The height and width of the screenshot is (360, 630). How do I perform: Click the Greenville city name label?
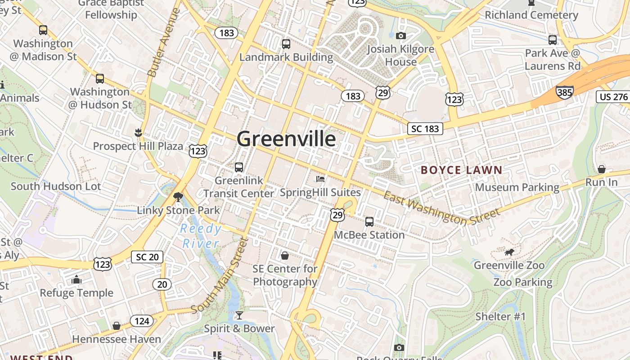[286, 139]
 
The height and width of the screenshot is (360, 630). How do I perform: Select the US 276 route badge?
[613, 97]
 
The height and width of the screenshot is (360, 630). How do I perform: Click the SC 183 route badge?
[425, 129]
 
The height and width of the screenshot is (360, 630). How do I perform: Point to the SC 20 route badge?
[147, 257]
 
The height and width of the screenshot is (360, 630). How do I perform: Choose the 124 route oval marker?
[142, 321]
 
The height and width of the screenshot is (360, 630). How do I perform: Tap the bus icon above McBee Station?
[369, 221]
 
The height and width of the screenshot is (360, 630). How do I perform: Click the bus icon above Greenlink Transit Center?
[239, 167]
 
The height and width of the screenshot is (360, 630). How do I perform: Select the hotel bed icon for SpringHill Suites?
[320, 179]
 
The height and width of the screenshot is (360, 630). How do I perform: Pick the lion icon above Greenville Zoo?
[509, 252]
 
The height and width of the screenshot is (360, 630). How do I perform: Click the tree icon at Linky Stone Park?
[178, 197]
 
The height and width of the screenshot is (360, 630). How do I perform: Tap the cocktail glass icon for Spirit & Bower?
[239, 315]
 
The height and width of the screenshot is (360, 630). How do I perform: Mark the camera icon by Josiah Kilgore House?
[400, 36]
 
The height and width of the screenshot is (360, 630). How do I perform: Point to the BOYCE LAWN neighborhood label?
[461, 170]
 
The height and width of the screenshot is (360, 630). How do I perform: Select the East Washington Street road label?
[441, 207]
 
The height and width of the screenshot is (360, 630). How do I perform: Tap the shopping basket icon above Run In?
[601, 169]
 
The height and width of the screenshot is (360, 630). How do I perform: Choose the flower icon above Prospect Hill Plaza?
[138, 132]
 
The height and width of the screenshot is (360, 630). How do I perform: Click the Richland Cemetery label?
[531, 15]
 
